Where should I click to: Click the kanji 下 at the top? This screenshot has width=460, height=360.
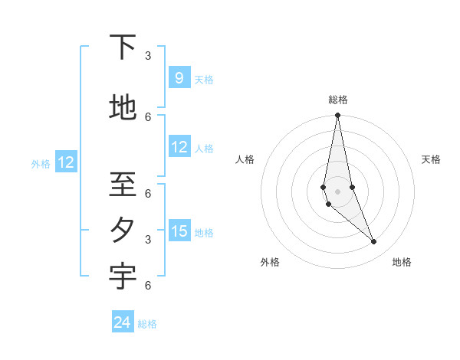[x=123, y=48]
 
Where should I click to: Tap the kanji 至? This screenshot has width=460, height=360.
[x=123, y=185]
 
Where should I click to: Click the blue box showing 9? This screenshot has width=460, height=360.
[x=179, y=77]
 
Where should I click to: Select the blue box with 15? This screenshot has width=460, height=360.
[x=179, y=231]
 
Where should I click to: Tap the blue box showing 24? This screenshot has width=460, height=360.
[x=123, y=322]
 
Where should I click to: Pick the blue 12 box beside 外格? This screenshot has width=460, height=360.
[x=66, y=162]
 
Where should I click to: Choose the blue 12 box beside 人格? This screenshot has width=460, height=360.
[x=179, y=147]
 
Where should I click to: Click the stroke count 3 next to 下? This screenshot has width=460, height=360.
[x=148, y=56]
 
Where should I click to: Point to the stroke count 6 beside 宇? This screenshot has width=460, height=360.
[x=148, y=286]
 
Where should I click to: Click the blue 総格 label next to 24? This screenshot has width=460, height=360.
[x=147, y=324]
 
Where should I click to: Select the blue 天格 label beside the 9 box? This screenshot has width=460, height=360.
[x=204, y=80]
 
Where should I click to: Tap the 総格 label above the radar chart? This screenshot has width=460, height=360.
[x=337, y=100]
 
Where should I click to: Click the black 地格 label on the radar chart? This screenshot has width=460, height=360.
[x=402, y=262]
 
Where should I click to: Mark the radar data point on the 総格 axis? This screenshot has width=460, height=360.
[x=337, y=116]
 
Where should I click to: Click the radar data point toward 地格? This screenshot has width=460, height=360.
[x=374, y=242]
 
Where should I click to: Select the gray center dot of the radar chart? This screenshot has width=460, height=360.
[x=337, y=191]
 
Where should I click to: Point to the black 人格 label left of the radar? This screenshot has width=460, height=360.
[x=245, y=159]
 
